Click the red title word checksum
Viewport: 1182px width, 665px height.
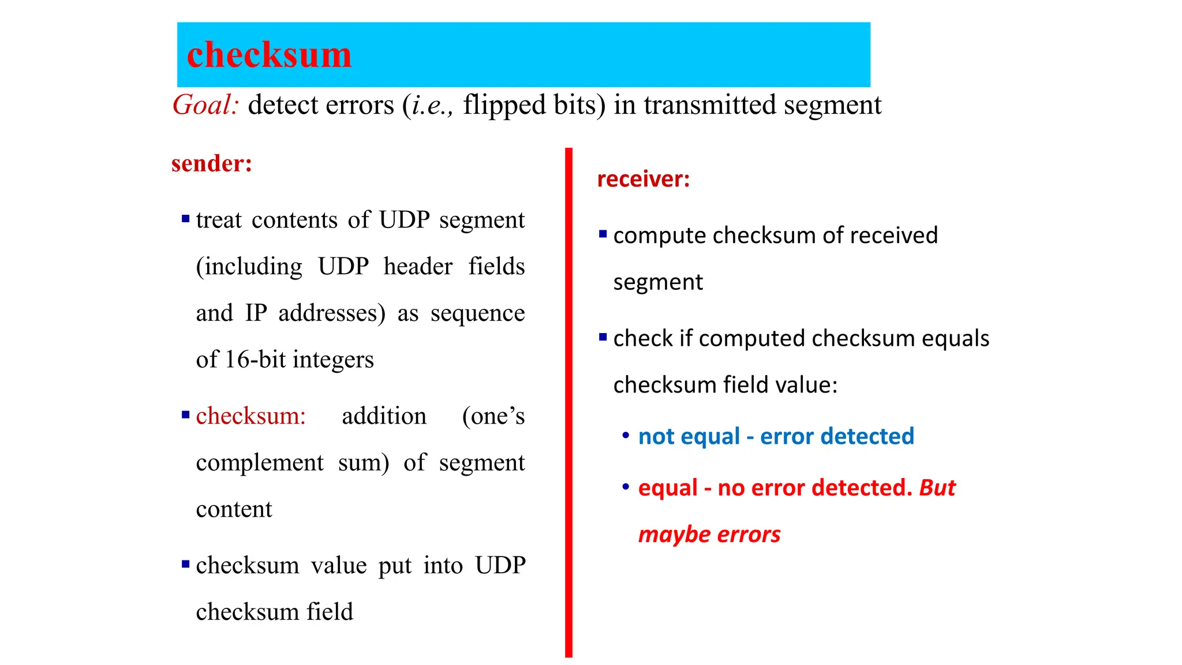269,55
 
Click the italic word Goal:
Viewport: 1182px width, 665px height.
205,105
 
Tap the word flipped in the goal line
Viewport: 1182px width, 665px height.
504,105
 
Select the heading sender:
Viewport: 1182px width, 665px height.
212,164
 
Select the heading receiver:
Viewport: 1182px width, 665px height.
643,180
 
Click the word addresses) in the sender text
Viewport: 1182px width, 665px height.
332,313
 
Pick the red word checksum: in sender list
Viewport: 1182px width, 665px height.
250,416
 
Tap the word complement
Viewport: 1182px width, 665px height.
260,463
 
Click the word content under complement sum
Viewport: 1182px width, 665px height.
234,510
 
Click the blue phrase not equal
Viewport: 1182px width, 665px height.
689,436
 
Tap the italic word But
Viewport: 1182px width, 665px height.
937,488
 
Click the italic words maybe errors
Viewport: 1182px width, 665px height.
709,535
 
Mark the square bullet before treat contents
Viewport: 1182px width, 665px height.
185,219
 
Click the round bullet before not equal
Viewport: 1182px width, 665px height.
626,435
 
